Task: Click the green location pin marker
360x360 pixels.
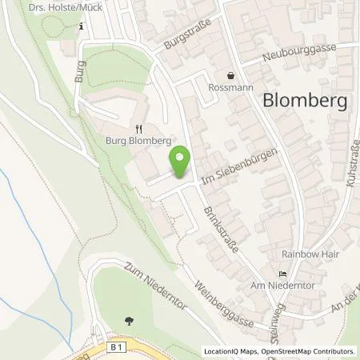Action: pos(182,162)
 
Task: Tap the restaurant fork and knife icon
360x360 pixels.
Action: pos(139,126)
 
